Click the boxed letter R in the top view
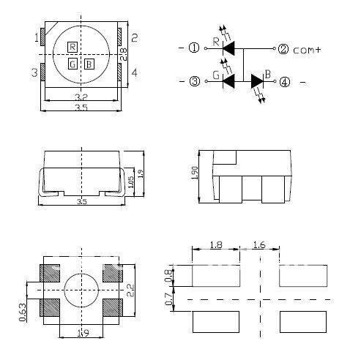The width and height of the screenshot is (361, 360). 72,47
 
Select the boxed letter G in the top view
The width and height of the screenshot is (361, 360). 72,64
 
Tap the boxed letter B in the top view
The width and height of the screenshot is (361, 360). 89,64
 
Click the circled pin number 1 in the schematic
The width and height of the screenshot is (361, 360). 194,49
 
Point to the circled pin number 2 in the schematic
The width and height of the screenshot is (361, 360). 283,49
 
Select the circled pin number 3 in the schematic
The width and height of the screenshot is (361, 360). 194,81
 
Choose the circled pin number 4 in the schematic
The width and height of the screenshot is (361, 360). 283,81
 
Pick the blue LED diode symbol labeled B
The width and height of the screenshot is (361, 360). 257,81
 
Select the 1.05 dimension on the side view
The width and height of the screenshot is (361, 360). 130,182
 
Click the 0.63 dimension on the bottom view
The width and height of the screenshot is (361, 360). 23,312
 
